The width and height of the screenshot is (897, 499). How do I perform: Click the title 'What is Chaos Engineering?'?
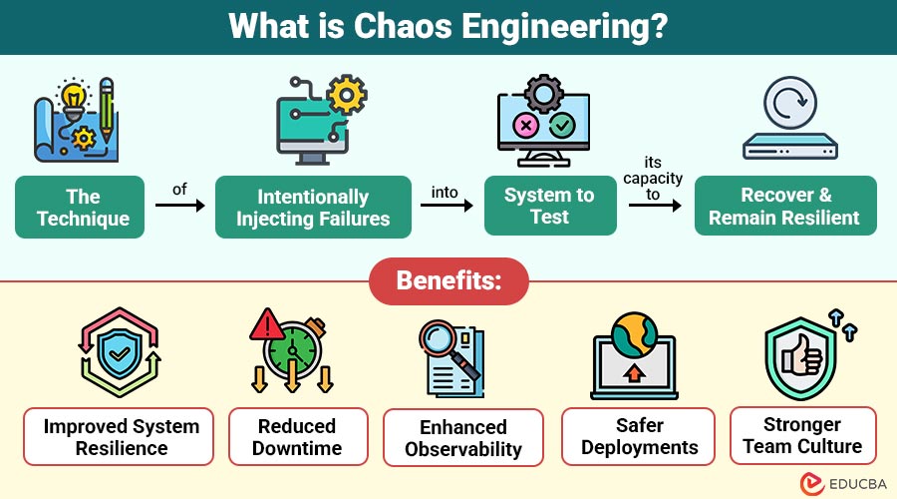point(448,26)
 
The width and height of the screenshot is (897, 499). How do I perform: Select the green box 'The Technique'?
point(80,208)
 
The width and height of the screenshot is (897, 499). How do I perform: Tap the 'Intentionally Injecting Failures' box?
point(313,208)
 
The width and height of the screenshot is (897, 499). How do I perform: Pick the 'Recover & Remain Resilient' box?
point(785,207)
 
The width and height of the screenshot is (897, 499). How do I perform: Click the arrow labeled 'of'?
point(179,206)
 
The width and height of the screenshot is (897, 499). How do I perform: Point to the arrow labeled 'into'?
point(448,206)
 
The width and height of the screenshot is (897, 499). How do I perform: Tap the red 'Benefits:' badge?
point(448,280)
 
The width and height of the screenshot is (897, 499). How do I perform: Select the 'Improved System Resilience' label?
point(119,437)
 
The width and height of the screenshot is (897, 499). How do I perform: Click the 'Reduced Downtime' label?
point(297,437)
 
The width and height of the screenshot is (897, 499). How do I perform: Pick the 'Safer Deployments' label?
point(640,436)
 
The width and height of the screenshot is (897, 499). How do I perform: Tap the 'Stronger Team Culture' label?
point(802,435)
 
